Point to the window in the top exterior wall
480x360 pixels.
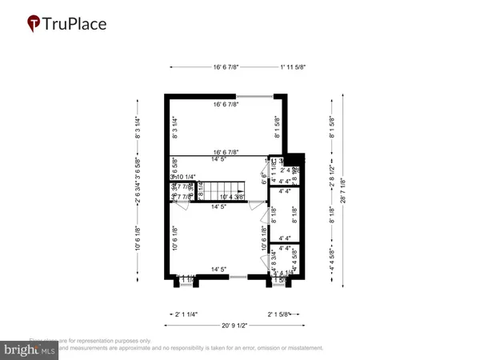[253, 96]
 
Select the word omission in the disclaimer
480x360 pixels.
[257, 348]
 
